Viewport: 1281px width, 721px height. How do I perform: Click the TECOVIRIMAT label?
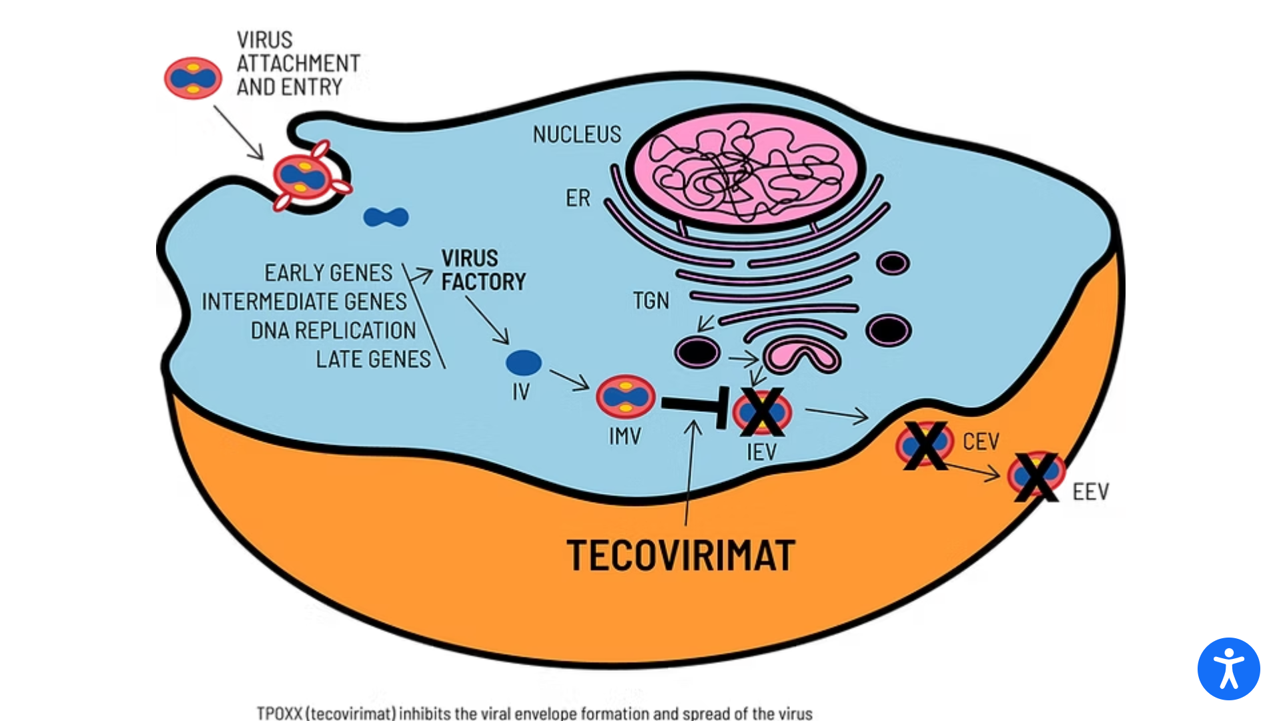click(681, 555)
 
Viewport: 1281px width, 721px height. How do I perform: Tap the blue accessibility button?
click(1228, 668)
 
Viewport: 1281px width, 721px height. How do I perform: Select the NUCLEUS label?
click(576, 135)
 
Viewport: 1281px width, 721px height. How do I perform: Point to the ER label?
click(578, 198)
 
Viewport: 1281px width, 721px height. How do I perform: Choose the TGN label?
click(651, 301)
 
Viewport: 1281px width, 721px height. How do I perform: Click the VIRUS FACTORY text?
click(483, 270)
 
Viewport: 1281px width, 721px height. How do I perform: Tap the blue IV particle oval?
click(524, 363)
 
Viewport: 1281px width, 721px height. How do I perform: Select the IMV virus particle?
click(625, 396)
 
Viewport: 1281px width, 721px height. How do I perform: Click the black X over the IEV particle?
click(762, 412)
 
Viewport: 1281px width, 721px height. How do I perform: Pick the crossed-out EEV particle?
click(1035, 475)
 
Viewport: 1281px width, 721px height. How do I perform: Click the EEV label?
click(1090, 492)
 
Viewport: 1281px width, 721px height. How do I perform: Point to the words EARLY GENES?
click(328, 273)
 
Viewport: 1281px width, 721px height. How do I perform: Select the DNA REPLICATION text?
click(333, 330)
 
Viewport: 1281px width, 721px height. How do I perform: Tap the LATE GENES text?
click(373, 359)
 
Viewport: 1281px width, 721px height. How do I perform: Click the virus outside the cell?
click(193, 78)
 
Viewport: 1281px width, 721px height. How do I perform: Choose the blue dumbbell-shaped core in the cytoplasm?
click(386, 217)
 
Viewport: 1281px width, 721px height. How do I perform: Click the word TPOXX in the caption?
click(280, 713)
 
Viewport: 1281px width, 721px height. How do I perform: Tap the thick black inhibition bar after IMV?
click(694, 405)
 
